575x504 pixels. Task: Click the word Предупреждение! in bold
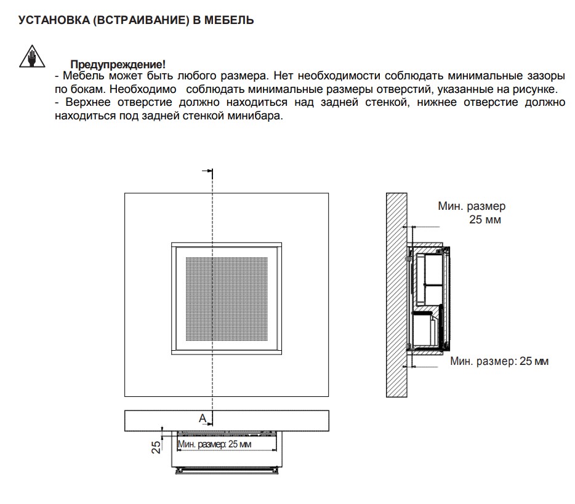118,65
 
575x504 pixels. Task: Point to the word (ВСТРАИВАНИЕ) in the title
139,21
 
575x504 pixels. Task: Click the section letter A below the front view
202,418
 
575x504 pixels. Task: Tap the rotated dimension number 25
156,446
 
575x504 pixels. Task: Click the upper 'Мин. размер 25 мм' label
472,213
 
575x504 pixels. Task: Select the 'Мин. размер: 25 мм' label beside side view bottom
499,361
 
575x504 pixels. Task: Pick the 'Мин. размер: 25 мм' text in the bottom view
214,444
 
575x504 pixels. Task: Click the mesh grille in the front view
227,298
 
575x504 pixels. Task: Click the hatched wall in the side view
396,295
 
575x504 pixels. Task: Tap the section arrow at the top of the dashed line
207,172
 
